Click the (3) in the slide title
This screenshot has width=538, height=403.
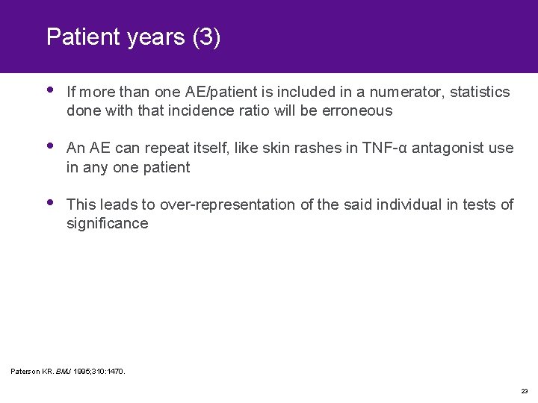click(205, 37)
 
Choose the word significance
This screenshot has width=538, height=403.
click(107, 223)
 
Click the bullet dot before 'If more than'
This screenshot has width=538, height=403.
click(49, 90)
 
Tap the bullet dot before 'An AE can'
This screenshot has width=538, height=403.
click(49, 146)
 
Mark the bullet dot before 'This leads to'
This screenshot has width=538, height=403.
click(49, 202)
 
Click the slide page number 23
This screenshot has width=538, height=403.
click(525, 390)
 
